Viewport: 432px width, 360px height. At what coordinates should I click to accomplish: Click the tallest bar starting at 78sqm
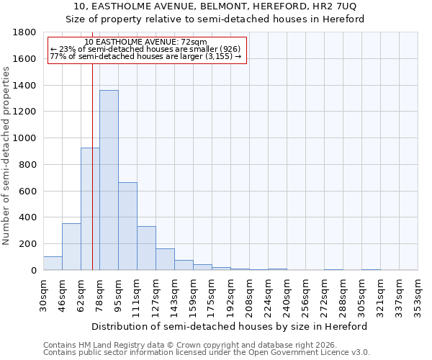click(109, 180)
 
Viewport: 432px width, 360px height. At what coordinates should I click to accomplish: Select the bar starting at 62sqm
click(90, 209)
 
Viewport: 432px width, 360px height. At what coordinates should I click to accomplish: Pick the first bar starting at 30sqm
click(53, 264)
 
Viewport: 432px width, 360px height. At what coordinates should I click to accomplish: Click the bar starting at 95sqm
click(127, 226)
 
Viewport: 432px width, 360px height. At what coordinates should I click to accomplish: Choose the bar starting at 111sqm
click(146, 248)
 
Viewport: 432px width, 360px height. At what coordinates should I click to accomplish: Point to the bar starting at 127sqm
click(165, 260)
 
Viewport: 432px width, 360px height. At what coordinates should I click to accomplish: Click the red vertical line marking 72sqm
click(93, 180)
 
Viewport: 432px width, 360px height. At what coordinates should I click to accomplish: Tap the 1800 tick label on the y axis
click(25, 32)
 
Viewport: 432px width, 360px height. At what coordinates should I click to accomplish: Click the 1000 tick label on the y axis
click(25, 138)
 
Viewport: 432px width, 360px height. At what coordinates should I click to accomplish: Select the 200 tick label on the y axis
click(28, 244)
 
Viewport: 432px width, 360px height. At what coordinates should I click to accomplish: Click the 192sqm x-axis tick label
click(230, 294)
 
